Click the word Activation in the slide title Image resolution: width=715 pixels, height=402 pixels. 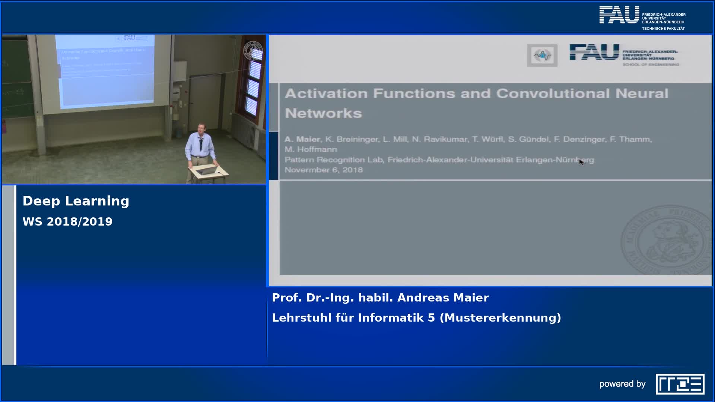point(326,93)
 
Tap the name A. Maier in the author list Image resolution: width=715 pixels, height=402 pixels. point(302,139)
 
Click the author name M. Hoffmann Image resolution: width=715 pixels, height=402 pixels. point(311,149)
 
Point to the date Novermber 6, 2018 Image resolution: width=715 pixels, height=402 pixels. point(323,170)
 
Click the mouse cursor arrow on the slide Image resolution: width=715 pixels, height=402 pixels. point(581,162)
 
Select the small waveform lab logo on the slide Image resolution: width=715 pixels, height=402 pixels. point(542,55)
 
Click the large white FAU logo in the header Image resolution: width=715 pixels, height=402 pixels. point(619,15)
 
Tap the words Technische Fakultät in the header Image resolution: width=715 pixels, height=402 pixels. point(663,28)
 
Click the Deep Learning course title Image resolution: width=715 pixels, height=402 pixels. point(76,201)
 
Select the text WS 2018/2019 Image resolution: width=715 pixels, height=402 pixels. point(67,221)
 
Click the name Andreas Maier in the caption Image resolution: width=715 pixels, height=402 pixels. point(443,298)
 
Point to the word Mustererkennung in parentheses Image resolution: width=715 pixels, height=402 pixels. point(500,318)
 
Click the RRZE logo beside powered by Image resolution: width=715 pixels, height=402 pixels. point(680,384)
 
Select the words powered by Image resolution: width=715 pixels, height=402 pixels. point(622,384)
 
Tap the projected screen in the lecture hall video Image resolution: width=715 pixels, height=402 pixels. point(105,71)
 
